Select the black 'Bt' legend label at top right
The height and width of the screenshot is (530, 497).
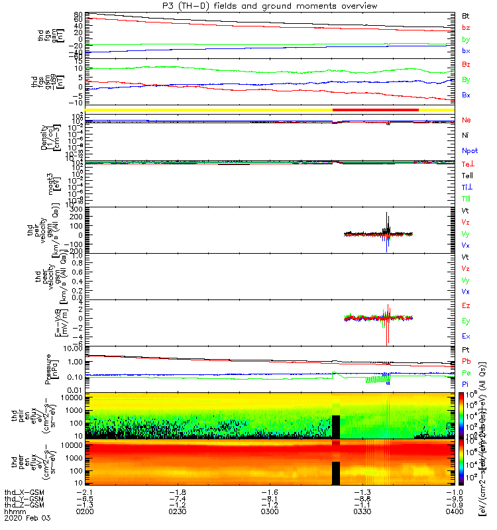(x=466, y=15)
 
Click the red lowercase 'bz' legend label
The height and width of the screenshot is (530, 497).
(x=466, y=28)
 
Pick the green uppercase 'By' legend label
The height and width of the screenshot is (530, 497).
(x=466, y=79)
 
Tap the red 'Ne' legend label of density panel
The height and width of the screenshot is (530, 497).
(x=466, y=120)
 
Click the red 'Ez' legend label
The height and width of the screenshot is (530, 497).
(x=466, y=306)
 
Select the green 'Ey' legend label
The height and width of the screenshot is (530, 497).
(x=466, y=321)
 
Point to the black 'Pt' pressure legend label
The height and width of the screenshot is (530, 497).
(x=466, y=349)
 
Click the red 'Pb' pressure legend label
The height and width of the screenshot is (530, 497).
(x=466, y=361)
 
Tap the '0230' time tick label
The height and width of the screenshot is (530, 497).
(x=176, y=512)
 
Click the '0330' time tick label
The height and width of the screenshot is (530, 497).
(x=361, y=512)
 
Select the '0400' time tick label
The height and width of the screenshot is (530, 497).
(x=453, y=512)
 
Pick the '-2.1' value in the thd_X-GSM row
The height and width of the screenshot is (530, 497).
(x=84, y=492)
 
